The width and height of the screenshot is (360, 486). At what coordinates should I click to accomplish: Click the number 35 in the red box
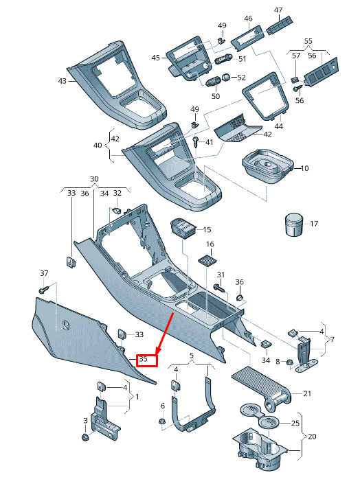pos(144,359)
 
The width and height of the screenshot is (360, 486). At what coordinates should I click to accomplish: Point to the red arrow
pos(165,334)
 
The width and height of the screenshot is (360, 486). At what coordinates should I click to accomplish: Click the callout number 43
pos(62,81)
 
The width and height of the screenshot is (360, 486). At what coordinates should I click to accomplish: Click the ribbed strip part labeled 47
pos(278,26)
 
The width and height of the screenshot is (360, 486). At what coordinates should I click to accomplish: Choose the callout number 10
pos(305,167)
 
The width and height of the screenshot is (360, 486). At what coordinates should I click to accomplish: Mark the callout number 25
pos(295,423)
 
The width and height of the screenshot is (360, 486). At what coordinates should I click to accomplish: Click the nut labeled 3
pos(86,437)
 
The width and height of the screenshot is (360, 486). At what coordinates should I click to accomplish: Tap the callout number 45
pos(156,58)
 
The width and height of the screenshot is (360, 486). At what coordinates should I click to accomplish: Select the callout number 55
pos(308,41)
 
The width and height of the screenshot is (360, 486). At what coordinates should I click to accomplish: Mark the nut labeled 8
pos(289,361)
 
